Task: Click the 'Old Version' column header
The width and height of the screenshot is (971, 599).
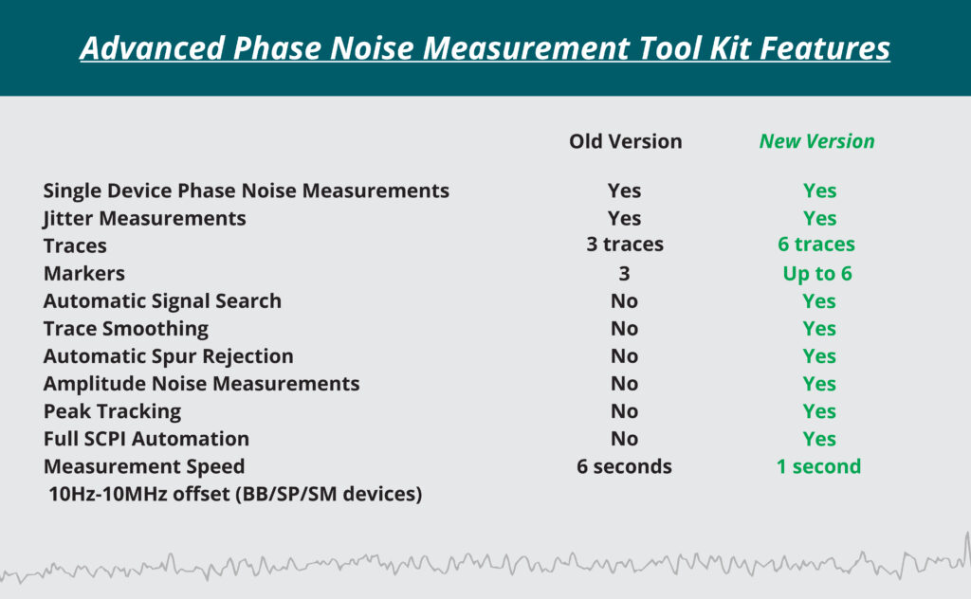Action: [626, 142]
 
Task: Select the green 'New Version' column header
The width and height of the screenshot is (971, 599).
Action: [816, 142]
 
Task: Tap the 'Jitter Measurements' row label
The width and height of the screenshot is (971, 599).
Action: [144, 219]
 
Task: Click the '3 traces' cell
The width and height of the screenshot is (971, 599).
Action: [625, 245]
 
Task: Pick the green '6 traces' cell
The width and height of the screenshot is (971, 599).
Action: [816, 245]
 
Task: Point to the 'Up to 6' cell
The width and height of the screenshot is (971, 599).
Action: [817, 274]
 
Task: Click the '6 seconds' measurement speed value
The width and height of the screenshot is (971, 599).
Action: [624, 466]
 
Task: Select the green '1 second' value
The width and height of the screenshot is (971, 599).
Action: [818, 466]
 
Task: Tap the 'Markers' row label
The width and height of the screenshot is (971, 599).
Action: [84, 274]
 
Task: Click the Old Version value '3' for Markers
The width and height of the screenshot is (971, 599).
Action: [624, 274]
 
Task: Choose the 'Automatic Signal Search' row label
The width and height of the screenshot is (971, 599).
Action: [162, 301]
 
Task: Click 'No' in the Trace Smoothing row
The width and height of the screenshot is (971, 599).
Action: [624, 329]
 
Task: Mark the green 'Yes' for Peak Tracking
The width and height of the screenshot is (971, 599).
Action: [819, 411]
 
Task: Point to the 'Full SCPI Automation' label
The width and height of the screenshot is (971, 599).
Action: [146, 439]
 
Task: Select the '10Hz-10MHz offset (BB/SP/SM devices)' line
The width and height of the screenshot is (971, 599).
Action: [235, 495]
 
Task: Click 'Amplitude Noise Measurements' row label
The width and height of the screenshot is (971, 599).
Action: [201, 384]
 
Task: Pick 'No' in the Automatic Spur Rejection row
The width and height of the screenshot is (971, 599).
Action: [624, 356]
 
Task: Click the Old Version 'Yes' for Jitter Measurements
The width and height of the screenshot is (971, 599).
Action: [624, 218]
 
